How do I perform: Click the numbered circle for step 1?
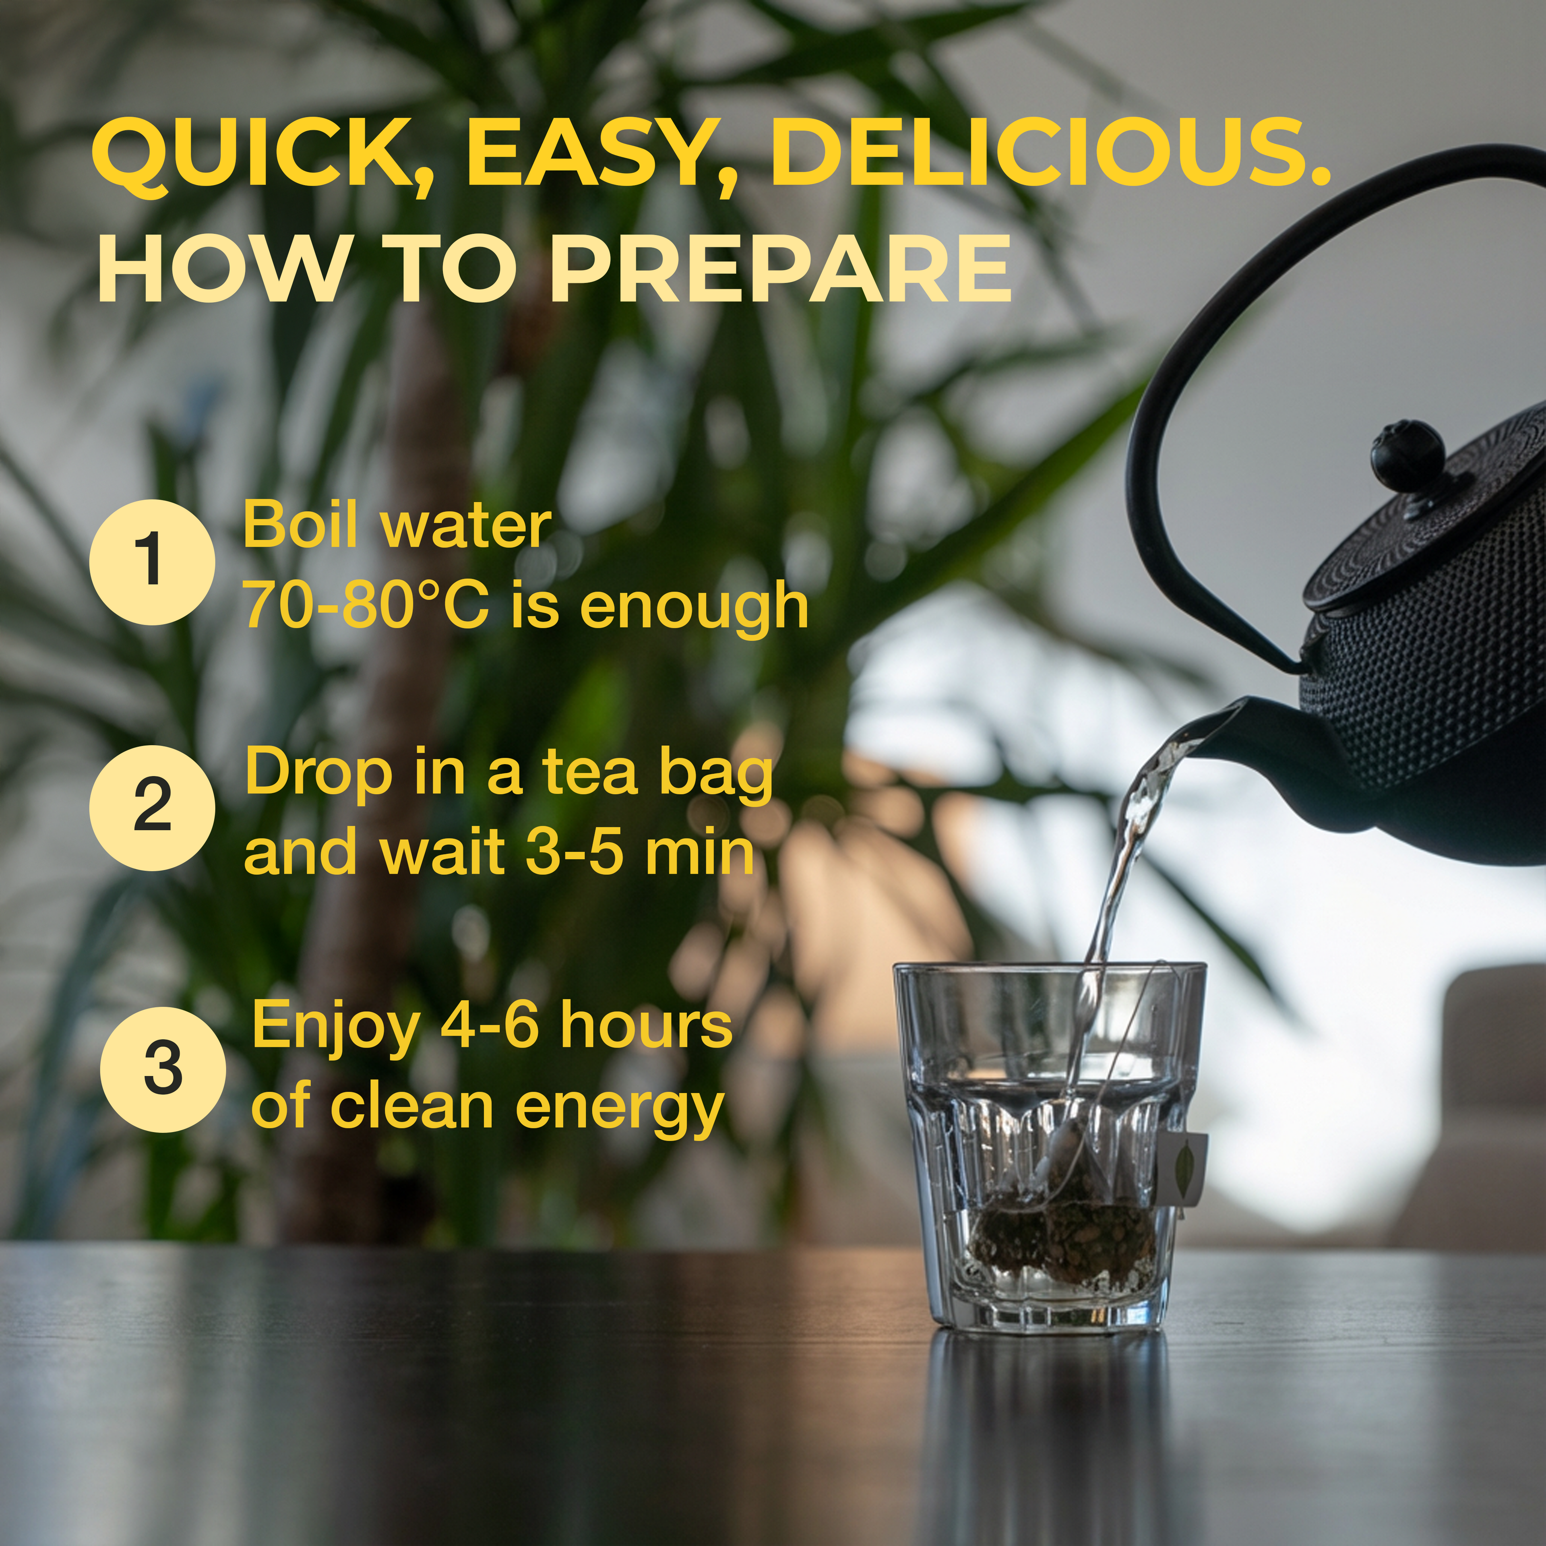click(152, 562)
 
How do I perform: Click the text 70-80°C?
click(366, 606)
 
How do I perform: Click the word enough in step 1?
click(694, 608)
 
